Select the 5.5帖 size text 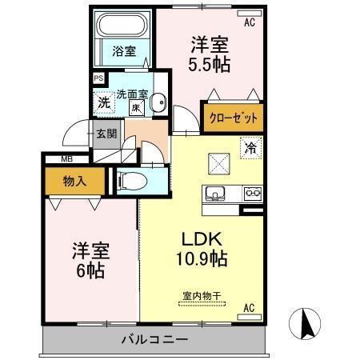(209, 64)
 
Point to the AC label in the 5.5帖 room (249, 22)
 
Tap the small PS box (98, 78)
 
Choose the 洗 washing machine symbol (104, 102)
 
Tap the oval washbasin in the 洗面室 (159, 102)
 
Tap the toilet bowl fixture (131, 182)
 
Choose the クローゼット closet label (234, 118)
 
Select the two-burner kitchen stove (252, 193)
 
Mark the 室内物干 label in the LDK (201, 294)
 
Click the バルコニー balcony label (154, 338)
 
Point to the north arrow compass (306, 325)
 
